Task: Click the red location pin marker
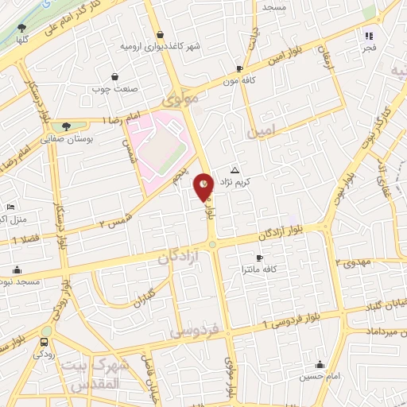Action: (205, 188)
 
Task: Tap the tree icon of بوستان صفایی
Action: (66, 126)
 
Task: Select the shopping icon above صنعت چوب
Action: (116, 77)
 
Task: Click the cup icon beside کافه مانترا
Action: (258, 258)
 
